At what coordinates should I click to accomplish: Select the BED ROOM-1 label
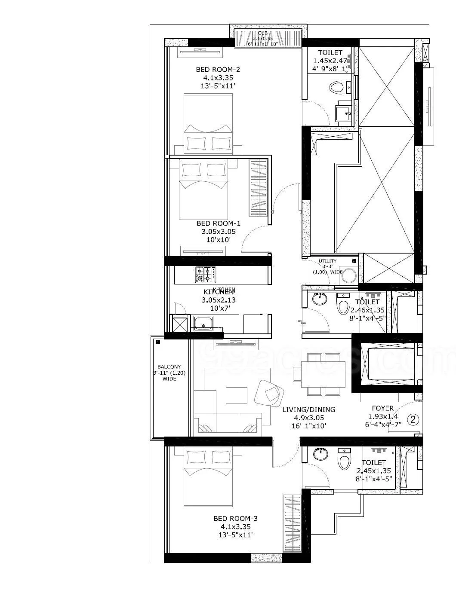[x=218, y=223]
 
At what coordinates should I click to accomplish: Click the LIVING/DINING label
[x=308, y=409]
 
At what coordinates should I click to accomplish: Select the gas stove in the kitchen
[x=205, y=275]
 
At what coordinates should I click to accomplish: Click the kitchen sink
[x=203, y=323]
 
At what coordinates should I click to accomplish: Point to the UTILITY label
[x=328, y=261]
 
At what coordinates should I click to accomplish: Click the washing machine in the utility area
[x=348, y=276]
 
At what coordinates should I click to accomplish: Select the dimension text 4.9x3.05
[x=308, y=417]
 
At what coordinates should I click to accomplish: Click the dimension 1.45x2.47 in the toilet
[x=330, y=61]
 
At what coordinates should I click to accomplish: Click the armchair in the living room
[x=269, y=391]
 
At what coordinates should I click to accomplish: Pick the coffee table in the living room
[x=236, y=394]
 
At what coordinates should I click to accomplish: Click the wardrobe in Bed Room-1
[x=259, y=188]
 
